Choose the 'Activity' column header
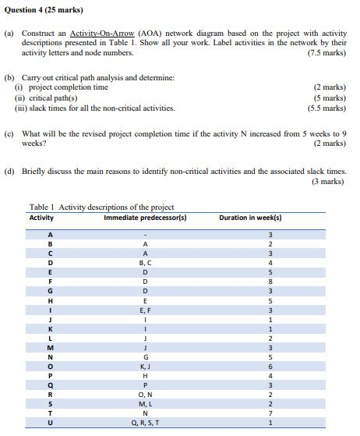click(x=41, y=217)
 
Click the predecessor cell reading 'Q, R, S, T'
click(x=144, y=424)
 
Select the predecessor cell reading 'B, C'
click(x=144, y=263)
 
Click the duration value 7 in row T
click(x=270, y=413)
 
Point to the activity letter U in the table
click(x=51, y=424)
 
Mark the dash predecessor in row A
click(x=144, y=234)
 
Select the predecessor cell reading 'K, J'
click(x=144, y=366)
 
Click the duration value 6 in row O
click(x=270, y=366)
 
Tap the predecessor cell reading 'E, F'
click(x=144, y=310)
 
